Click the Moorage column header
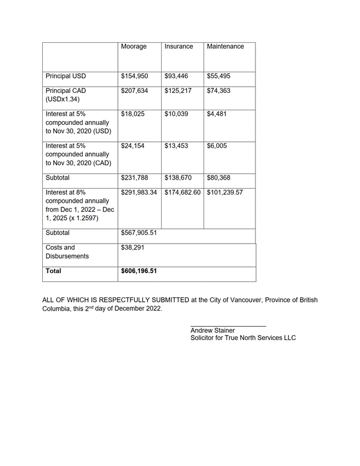133,47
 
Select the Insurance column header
179,47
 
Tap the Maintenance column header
225,47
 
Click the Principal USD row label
66,76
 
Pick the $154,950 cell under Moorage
135,76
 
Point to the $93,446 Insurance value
177,76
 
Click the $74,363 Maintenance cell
220,91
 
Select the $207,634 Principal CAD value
135,91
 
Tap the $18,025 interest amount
133,114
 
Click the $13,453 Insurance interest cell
176,146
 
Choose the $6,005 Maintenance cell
217,146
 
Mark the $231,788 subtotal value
135,178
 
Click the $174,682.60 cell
183,192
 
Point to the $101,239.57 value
225,192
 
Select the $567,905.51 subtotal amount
139,233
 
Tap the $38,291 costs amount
132,248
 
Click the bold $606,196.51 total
139,270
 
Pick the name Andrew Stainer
213,330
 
